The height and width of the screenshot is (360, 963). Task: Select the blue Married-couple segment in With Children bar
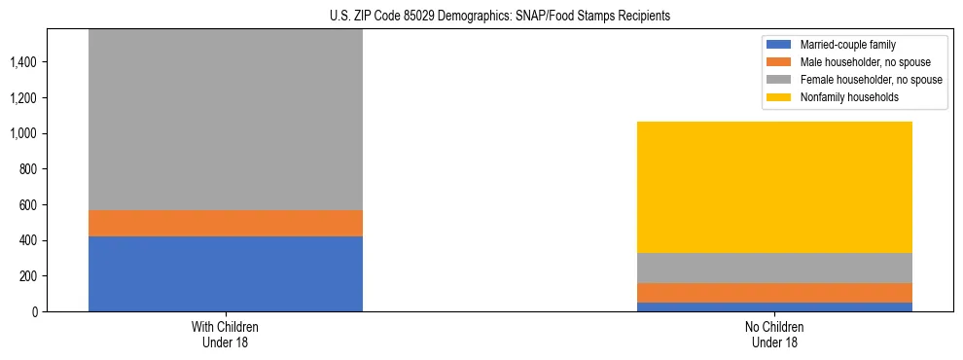coord(226,273)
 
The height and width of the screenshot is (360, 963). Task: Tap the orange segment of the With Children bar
coord(226,223)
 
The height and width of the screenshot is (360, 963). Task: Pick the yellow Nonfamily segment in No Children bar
coord(774,187)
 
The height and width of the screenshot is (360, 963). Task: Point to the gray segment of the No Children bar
coord(774,268)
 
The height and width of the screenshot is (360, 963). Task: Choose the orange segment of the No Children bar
coord(774,293)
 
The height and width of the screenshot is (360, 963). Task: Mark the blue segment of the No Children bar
coord(774,306)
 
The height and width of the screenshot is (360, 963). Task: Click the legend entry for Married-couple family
coord(847,45)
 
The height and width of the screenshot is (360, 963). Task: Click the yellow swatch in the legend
coord(779,97)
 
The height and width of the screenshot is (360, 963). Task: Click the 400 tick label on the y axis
coord(29,240)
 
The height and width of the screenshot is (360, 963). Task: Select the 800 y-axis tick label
coord(29,169)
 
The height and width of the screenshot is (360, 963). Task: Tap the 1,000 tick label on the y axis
coord(25,133)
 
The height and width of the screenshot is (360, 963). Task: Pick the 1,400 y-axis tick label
coord(25,62)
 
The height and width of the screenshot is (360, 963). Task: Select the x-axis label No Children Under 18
coord(774,335)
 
